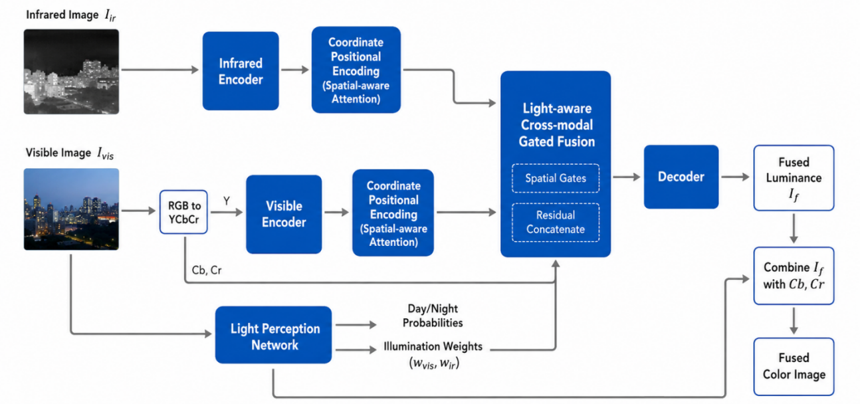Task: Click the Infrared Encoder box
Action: coord(241,71)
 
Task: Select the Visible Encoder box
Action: coord(284,214)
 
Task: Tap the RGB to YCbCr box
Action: coord(183,212)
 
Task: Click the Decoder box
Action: coord(681,177)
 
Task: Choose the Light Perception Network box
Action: coord(273,335)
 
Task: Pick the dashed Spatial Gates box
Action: coord(556,178)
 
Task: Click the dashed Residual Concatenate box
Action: coord(556,223)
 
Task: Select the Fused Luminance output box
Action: coord(794,178)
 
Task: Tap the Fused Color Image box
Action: coord(794,366)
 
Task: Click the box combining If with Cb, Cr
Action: coord(794,276)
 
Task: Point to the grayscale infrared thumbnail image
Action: coord(71,72)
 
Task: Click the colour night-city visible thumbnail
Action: coord(71,209)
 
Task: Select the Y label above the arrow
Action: coord(227,201)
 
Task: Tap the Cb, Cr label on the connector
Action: coord(207,270)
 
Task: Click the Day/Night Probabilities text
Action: coord(433,316)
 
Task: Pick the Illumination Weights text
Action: coord(433,346)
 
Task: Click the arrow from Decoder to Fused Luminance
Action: coord(735,177)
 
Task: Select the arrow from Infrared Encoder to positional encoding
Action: coord(295,70)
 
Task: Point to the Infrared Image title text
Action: coord(70,15)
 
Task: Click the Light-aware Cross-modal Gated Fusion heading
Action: coord(557,125)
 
